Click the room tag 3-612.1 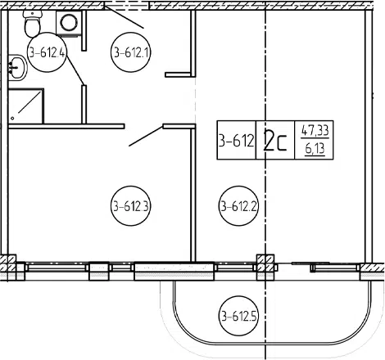(131, 52)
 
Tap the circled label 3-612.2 (238, 206)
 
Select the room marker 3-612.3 (131, 206)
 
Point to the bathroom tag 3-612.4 (48, 52)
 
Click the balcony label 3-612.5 (238, 316)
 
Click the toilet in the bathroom (32, 24)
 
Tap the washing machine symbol (69, 23)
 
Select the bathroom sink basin (18, 67)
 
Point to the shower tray (26, 106)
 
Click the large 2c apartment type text (275, 140)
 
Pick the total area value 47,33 (315, 130)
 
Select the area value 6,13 (315, 149)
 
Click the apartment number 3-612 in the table (237, 141)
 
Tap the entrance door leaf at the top (124, 17)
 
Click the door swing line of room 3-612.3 (146, 136)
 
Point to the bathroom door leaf (75, 70)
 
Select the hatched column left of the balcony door (265, 268)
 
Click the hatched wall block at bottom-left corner (8, 263)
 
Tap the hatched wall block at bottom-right (373, 272)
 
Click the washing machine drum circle (69, 22)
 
